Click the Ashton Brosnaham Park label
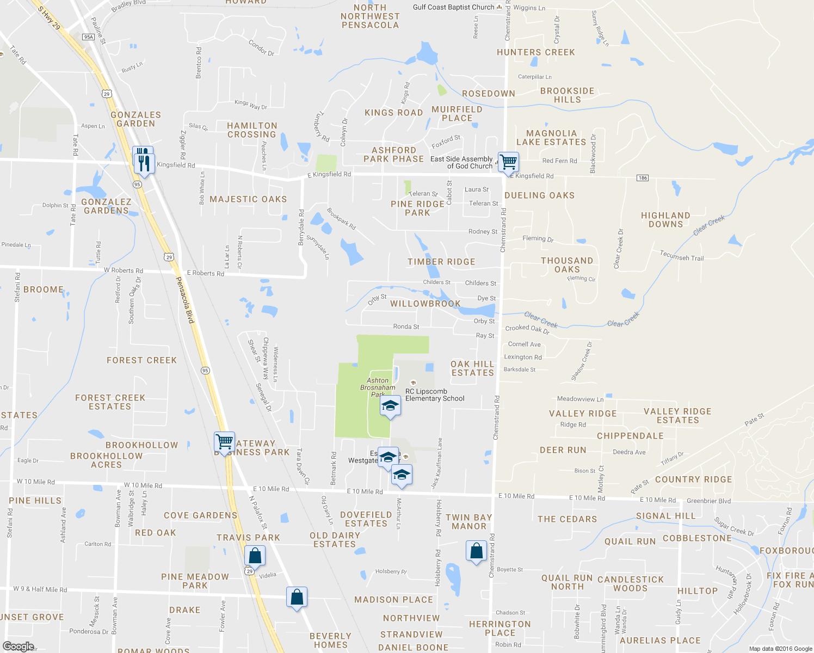tap(378, 387)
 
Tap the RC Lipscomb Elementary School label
tap(435, 395)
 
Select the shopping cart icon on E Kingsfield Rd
tap(508, 162)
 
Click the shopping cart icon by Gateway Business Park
tap(224, 441)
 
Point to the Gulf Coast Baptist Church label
tap(453, 7)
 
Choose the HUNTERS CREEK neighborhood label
tap(535, 52)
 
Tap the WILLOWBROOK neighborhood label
tap(425, 304)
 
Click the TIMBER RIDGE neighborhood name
tap(441, 262)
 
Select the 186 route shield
tap(643, 178)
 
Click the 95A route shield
tap(88, 37)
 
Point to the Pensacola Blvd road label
tap(185, 300)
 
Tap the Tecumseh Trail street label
tap(682, 256)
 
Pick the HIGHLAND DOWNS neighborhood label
tap(665, 220)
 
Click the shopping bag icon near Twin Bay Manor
tap(476, 551)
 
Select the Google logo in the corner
tap(18, 646)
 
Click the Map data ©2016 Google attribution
tap(780, 649)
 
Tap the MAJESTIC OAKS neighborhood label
tap(248, 199)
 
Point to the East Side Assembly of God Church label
tap(461, 162)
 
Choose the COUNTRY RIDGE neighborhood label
tap(693, 479)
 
